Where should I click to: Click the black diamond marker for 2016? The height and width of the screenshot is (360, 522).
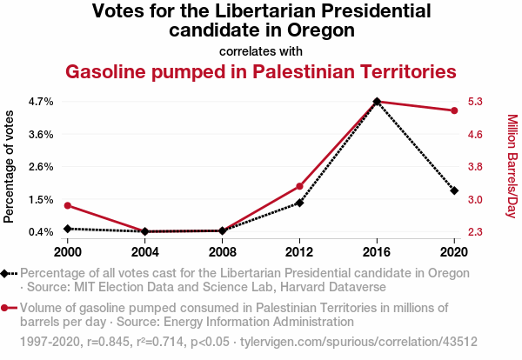(x=377, y=102)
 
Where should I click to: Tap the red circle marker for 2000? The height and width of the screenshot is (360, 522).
(x=68, y=205)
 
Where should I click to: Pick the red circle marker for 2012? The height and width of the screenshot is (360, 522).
(x=299, y=186)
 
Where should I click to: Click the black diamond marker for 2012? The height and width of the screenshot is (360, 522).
(x=299, y=203)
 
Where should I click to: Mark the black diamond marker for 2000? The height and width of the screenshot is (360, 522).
(x=68, y=229)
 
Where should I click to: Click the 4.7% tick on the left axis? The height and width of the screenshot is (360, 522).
(x=40, y=102)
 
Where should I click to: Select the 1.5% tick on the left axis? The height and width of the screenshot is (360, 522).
(x=40, y=199)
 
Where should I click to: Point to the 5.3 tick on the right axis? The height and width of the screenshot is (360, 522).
(x=475, y=102)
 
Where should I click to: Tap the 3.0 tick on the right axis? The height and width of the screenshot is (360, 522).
(x=475, y=199)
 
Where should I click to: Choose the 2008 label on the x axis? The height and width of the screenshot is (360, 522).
(x=222, y=251)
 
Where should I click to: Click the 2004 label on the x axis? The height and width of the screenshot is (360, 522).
(x=145, y=251)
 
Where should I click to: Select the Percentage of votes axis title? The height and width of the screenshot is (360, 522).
(x=10, y=166)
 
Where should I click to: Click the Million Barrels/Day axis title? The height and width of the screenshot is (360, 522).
(x=512, y=166)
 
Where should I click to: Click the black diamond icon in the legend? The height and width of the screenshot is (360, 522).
(x=9, y=273)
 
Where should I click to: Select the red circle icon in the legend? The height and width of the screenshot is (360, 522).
(x=9, y=308)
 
